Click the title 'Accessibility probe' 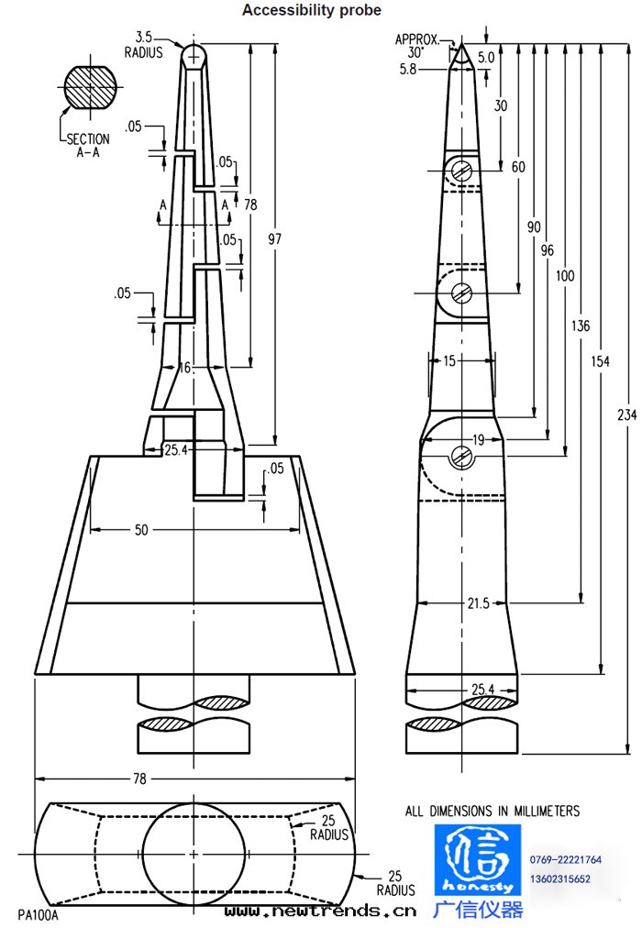(x=311, y=10)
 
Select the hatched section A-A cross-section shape (x=93, y=86)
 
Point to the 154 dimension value (x=601, y=361)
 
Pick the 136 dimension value (x=581, y=326)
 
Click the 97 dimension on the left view (x=274, y=239)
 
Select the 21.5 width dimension (x=472, y=603)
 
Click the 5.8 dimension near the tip (x=408, y=68)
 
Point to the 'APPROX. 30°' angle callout (x=417, y=46)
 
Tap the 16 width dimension (x=185, y=368)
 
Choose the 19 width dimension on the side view (x=477, y=440)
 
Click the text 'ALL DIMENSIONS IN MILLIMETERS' (x=493, y=811)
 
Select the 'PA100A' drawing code (x=39, y=913)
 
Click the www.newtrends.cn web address (x=320, y=911)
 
